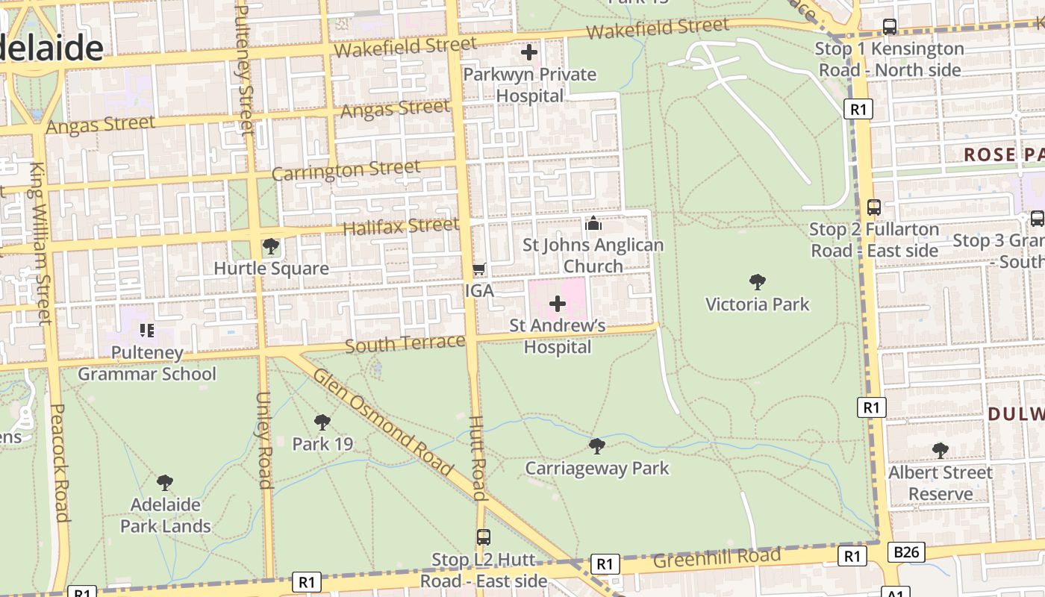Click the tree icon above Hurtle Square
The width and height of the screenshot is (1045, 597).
pyautogui.click(x=271, y=246)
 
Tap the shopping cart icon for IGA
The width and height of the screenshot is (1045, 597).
pyautogui.click(x=479, y=269)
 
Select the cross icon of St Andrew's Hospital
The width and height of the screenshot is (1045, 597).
pyautogui.click(x=558, y=304)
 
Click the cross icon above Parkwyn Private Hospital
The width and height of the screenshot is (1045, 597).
pyautogui.click(x=529, y=52)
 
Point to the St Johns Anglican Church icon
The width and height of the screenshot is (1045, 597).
pyautogui.click(x=593, y=223)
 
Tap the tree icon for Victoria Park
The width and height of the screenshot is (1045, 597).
pyautogui.click(x=758, y=282)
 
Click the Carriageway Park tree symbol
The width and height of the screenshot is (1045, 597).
pyautogui.click(x=596, y=446)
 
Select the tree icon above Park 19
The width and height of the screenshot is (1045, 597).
pyautogui.click(x=322, y=422)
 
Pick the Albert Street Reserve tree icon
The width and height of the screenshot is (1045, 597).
pyautogui.click(x=940, y=451)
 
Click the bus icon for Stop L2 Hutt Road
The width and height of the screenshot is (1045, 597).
pyautogui.click(x=484, y=537)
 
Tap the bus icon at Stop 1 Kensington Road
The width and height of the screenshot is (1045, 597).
pyautogui.click(x=890, y=27)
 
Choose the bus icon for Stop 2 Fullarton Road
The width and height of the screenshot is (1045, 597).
pyautogui.click(x=874, y=207)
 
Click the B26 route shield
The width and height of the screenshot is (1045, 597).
pyautogui.click(x=907, y=552)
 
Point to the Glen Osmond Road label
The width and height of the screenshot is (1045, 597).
pyautogui.click(x=383, y=422)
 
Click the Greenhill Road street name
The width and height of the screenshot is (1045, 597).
pyautogui.click(x=717, y=557)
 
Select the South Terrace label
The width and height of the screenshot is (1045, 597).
pyautogui.click(x=405, y=343)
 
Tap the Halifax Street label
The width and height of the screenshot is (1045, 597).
pyautogui.click(x=401, y=226)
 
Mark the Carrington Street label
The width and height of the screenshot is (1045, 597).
pyautogui.click(x=346, y=171)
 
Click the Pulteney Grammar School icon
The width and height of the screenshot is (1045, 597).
pyautogui.click(x=147, y=330)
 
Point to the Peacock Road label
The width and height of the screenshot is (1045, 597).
pyautogui.click(x=60, y=463)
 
